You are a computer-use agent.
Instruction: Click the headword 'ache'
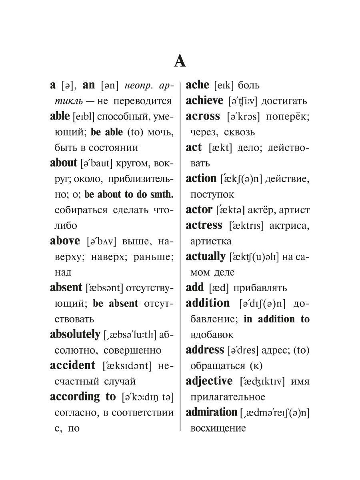198,85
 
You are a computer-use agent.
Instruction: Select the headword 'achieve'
204,100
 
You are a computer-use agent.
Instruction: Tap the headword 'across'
203,116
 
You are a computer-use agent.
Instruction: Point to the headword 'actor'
199,210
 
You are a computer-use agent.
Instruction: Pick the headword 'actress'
204,225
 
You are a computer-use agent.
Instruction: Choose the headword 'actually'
206,256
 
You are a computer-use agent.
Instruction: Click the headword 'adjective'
209,381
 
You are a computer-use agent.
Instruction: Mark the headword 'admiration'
211,412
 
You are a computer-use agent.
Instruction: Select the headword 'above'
65,241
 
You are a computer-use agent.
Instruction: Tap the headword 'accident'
73,366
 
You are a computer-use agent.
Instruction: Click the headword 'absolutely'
75,334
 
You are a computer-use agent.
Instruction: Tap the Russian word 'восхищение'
218,428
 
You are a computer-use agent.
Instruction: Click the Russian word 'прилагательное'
228,397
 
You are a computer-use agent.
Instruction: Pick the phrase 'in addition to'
276,319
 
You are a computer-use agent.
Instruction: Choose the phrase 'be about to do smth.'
129,194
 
